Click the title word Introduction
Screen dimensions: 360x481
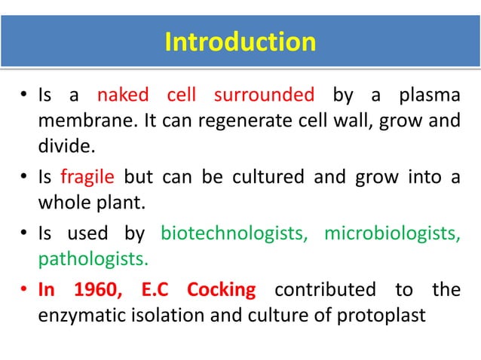coord(240,41)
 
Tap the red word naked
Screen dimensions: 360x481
coord(123,96)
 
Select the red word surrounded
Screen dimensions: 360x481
coord(264,96)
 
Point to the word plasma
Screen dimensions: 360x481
coord(425,96)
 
